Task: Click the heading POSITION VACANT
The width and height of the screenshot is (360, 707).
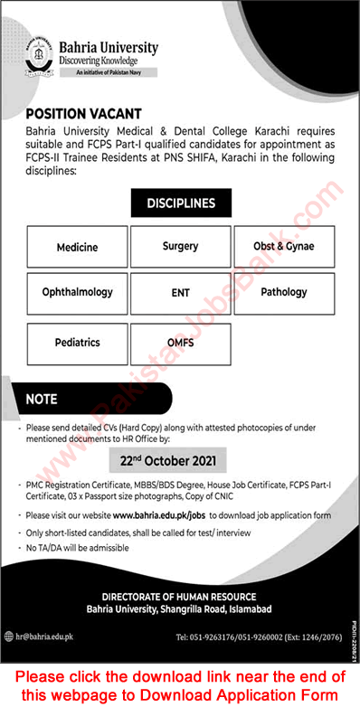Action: (83, 114)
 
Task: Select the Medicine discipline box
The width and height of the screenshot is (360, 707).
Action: (77, 246)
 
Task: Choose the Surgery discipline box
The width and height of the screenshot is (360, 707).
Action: (180, 245)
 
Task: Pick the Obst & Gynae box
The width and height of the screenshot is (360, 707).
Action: (283, 246)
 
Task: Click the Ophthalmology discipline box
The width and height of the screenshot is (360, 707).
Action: (77, 293)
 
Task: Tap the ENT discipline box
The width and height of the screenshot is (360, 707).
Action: (180, 293)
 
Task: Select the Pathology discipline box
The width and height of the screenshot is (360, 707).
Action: (283, 293)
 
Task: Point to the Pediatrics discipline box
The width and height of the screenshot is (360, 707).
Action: (77, 343)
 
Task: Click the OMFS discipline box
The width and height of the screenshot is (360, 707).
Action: (180, 343)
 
